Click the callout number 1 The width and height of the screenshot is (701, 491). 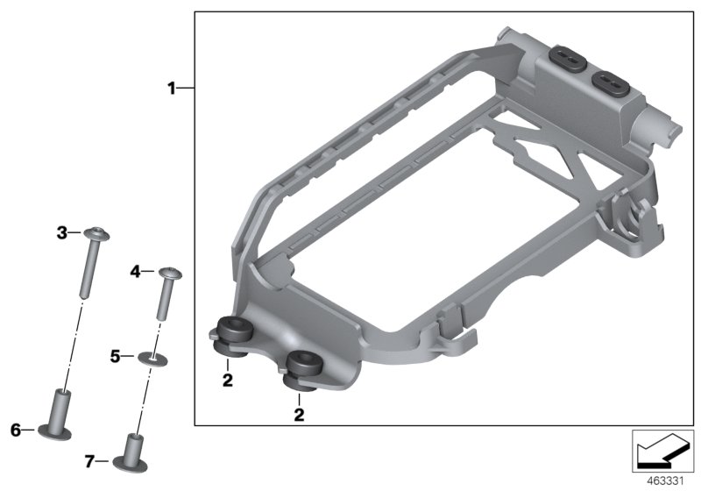(172, 89)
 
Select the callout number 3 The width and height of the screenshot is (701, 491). (62, 233)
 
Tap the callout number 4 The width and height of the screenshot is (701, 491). (136, 272)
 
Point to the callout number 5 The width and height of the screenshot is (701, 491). (116, 357)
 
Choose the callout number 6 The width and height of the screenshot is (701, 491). (16, 431)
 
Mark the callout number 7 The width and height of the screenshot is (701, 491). (90, 461)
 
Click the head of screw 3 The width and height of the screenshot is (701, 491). (97, 234)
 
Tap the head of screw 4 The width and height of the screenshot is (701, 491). (170, 273)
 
